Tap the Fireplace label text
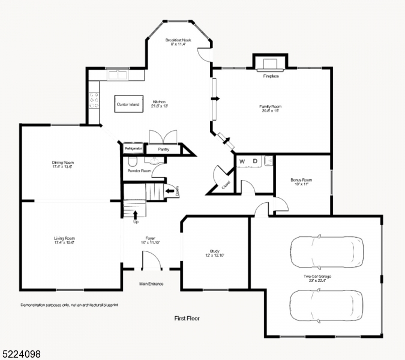(271, 76)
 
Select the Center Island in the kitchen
(128, 104)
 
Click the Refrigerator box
(133, 148)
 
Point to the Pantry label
(163, 149)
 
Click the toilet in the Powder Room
(133, 161)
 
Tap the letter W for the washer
(242, 161)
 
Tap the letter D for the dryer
(254, 161)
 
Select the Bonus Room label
(301, 180)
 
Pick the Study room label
(214, 251)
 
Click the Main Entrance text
(151, 284)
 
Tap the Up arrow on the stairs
(135, 214)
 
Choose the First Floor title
(187, 319)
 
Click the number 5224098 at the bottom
(22, 355)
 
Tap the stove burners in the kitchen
(94, 100)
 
